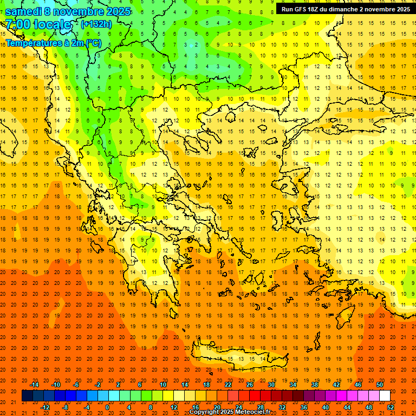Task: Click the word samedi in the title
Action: (x=23, y=11)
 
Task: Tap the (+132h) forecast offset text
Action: (x=96, y=24)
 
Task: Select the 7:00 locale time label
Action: (x=38, y=24)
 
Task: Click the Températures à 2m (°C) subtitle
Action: (x=53, y=43)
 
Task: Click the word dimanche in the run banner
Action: (x=340, y=9)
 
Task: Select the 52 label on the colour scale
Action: (x=391, y=407)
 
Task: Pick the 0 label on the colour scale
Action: (x=107, y=407)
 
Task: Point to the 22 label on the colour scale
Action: (x=228, y=385)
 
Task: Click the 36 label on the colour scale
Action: (x=304, y=407)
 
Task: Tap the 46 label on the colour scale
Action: (x=358, y=385)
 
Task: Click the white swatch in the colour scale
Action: (x=385, y=396)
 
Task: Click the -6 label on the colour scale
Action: (x=76, y=385)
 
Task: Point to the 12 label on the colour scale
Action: (x=174, y=407)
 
